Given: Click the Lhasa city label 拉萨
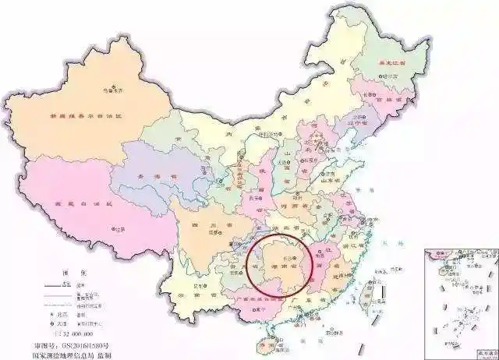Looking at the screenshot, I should (x=119, y=229).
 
